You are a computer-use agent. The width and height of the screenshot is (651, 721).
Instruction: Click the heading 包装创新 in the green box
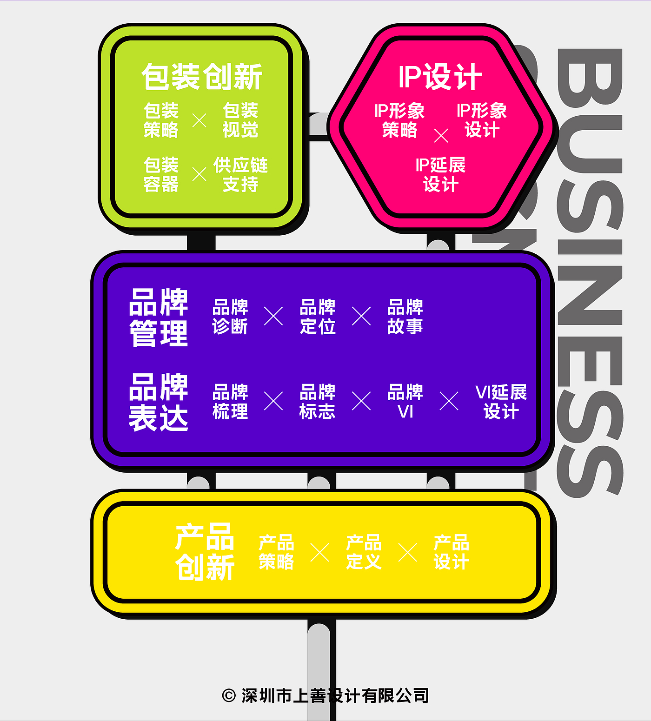(202, 77)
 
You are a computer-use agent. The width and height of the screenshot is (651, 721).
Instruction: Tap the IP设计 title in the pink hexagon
(440, 77)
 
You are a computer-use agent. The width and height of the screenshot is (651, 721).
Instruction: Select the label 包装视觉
(240, 120)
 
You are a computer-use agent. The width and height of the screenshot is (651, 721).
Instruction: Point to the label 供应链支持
(240, 174)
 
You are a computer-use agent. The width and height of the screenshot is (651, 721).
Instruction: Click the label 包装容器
(161, 174)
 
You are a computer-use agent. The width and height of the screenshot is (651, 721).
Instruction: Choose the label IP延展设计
(440, 174)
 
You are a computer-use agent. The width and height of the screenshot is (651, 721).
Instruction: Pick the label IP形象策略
(399, 120)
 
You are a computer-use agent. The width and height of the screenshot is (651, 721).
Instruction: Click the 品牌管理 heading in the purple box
(159, 317)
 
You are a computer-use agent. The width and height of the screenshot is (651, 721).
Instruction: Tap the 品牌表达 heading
(159, 402)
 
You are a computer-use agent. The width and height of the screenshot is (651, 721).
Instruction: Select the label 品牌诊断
(230, 317)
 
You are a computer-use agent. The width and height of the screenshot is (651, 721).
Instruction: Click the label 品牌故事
(405, 317)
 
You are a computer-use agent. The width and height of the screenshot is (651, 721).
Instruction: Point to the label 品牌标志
(318, 402)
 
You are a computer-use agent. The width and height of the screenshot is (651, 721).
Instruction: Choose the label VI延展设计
(501, 402)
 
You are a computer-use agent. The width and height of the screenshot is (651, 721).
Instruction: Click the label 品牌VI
(405, 402)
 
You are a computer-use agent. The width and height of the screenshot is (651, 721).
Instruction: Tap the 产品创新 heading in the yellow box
(205, 552)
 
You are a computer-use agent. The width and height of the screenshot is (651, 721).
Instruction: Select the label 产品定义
(364, 552)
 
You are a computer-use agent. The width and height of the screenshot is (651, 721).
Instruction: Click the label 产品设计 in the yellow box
(451, 552)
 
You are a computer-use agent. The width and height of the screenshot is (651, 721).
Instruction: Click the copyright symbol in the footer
(229, 695)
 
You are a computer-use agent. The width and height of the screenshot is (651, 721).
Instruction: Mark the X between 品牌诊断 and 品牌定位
(273, 316)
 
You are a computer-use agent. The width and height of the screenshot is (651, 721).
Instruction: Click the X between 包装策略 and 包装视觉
(199, 120)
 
